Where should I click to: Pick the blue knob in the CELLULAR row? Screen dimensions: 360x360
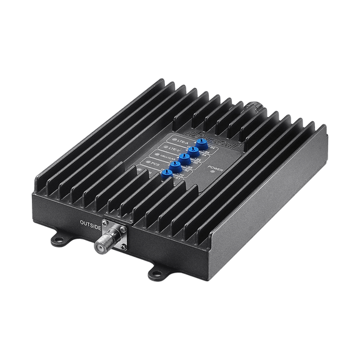(x=185, y=158)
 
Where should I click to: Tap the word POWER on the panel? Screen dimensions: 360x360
(x=216, y=168)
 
